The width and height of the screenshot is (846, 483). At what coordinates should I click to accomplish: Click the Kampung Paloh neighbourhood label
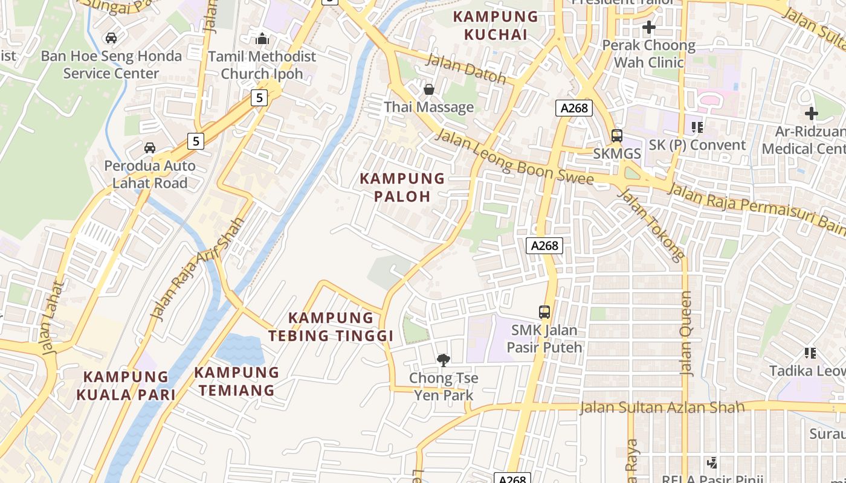click(402, 187)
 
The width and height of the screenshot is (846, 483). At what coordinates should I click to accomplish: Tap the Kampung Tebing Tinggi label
click(331, 327)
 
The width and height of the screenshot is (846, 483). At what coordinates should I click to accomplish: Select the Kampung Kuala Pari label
click(126, 386)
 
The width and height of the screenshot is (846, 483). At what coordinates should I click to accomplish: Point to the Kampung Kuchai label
click(495, 25)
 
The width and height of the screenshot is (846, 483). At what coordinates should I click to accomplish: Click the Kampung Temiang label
click(236, 381)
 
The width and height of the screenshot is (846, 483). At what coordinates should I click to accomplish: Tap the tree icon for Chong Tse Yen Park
click(444, 360)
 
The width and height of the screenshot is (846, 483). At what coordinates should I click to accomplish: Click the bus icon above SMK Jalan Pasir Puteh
click(544, 312)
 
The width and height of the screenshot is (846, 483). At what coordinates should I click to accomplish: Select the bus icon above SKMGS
click(616, 136)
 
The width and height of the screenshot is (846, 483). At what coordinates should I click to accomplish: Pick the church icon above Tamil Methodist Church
click(262, 39)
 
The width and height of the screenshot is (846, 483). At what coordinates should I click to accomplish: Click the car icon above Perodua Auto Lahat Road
click(149, 148)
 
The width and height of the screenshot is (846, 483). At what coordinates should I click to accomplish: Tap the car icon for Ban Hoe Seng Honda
click(111, 38)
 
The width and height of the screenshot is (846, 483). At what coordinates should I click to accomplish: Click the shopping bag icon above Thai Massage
click(429, 89)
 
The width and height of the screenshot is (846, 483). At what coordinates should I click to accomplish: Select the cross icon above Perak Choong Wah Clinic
click(649, 27)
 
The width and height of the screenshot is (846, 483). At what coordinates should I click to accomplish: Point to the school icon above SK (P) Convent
click(697, 127)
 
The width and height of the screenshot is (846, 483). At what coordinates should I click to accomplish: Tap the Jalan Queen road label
click(686, 333)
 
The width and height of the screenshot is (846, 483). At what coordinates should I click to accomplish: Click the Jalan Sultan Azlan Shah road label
click(662, 408)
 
